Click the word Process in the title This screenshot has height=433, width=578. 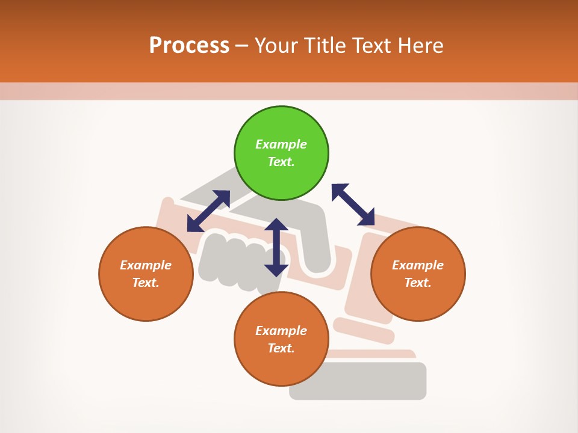(x=189, y=46)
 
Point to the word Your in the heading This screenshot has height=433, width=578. (x=277, y=46)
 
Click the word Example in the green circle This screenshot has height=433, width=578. (x=281, y=144)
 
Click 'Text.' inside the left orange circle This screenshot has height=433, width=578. (x=146, y=283)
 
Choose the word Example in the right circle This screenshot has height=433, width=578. (x=418, y=265)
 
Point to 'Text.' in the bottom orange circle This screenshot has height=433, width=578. (x=281, y=348)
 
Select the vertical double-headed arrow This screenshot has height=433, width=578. (x=276, y=247)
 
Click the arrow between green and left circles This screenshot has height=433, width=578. (x=208, y=211)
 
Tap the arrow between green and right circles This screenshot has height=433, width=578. (x=353, y=205)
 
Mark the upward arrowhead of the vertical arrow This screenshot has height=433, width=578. (x=276, y=225)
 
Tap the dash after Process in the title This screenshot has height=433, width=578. (x=242, y=46)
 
